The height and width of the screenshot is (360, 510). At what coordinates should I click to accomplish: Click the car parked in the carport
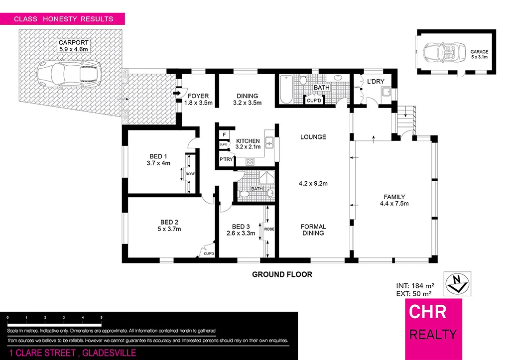click(70, 74)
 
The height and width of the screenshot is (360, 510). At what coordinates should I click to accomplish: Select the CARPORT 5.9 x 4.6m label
click(73, 46)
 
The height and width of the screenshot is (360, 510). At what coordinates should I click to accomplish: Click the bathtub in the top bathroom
click(286, 90)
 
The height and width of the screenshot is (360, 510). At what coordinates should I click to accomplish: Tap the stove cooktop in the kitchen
click(249, 161)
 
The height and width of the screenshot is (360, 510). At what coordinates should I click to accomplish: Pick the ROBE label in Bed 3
click(269, 230)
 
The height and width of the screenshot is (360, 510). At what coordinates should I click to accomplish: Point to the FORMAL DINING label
click(313, 230)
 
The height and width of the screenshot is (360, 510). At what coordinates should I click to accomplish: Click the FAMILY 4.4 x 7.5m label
click(394, 200)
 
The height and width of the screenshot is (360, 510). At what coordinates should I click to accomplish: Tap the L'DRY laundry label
click(374, 81)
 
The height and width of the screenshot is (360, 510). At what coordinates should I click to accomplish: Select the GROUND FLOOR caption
click(282, 274)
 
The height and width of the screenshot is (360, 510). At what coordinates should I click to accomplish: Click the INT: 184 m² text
click(415, 286)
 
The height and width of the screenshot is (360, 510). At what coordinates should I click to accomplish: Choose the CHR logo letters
click(427, 312)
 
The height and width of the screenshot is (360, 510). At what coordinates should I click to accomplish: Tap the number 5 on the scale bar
click(102, 317)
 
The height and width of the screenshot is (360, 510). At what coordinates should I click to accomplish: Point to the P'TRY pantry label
click(225, 159)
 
